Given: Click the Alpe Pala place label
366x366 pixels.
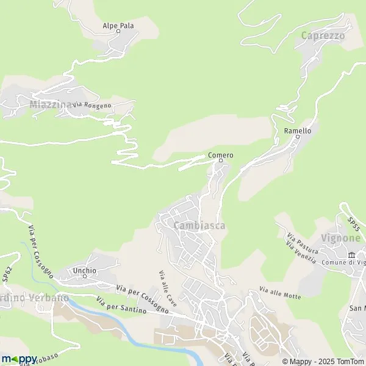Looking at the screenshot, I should click(118, 26).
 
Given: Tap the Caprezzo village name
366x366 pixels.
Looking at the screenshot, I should click(323, 36).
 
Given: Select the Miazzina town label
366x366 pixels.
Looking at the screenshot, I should click(50, 104).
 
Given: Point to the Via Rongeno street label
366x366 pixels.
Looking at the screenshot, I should click(92, 106).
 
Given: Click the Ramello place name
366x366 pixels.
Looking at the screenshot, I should click(298, 131).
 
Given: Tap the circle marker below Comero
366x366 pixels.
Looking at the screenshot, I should click(221, 161).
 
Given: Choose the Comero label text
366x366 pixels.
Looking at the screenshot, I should click(221, 155).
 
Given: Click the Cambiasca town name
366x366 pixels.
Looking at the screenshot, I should click(199, 226).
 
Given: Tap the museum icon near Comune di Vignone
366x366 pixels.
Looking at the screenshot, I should click(351, 255).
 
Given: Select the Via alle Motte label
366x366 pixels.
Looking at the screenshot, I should click(280, 292).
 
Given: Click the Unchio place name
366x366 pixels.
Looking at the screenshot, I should click(85, 270).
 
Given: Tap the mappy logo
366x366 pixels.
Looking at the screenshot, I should click(20, 359).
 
